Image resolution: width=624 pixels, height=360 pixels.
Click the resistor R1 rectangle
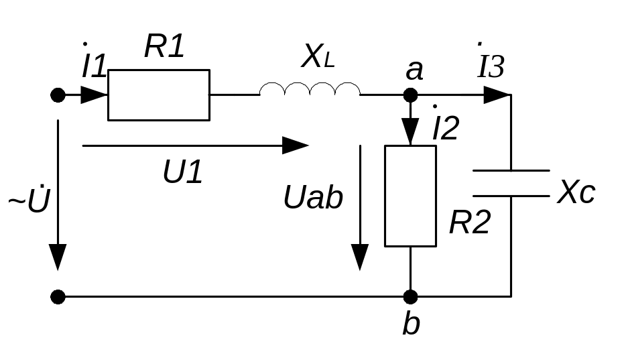tap(159, 95)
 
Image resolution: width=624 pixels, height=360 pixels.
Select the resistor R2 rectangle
tap(410, 196)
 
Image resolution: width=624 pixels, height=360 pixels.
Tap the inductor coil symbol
tap(310, 89)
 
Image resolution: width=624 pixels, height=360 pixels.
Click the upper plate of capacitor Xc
tap(511, 171)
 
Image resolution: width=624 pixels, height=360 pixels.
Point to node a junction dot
tap(411, 95)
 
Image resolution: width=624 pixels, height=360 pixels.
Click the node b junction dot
tap(411, 296)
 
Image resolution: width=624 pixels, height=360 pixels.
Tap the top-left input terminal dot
tap(58, 95)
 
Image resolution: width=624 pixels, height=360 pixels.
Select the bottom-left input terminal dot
tap(58, 296)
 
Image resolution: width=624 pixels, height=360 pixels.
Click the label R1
tap(164, 47)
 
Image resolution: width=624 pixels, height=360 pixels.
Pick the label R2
tap(470, 223)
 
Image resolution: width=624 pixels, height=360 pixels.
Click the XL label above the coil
tap(317, 58)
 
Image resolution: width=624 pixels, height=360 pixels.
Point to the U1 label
tap(182, 173)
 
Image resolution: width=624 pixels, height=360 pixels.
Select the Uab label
tap(313, 198)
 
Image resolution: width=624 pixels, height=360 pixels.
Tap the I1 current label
tap(93, 64)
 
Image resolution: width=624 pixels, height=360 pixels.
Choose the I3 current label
tap(491, 66)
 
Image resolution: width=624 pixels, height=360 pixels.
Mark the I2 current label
tap(445, 127)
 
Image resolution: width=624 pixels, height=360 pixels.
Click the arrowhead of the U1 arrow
tap(295, 145)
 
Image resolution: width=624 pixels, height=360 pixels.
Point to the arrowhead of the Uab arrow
tap(361, 257)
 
